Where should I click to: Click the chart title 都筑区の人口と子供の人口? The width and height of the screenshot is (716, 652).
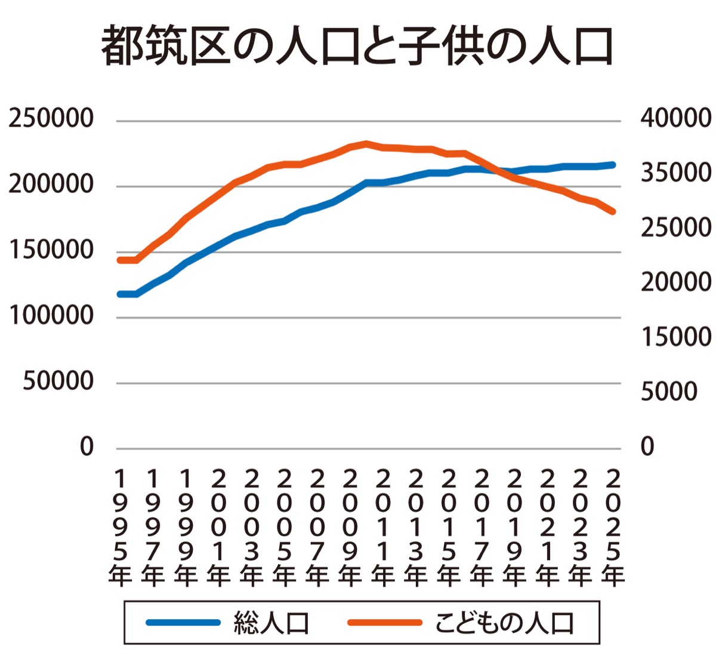point(357,47)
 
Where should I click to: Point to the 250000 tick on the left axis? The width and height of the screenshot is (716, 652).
point(51,118)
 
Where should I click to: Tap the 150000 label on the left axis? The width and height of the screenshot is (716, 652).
point(51,250)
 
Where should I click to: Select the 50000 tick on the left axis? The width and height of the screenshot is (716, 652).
point(58,381)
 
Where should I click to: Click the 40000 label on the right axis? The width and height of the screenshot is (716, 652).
point(676,118)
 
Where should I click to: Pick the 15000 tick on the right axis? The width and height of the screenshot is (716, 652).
point(676,337)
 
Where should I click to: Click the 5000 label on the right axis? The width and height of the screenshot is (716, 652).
point(669,392)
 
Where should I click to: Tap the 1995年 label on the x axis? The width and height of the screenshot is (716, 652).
point(120,528)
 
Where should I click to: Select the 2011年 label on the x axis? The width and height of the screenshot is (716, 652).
point(383,528)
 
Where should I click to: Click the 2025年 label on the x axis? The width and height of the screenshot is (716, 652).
point(613,528)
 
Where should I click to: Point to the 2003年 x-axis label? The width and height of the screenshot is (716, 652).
point(252,528)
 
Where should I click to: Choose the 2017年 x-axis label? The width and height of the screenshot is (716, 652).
point(482,528)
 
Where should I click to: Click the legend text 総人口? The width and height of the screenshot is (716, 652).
point(271,623)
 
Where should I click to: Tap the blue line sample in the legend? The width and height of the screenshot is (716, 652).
point(183,623)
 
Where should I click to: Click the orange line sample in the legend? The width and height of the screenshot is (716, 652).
point(385,623)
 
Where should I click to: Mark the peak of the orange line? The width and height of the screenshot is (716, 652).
point(366,143)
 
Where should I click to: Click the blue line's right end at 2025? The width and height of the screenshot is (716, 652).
point(612,165)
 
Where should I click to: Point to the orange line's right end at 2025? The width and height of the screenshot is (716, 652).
point(612,211)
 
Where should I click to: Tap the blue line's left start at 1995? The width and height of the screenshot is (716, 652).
point(121,294)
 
